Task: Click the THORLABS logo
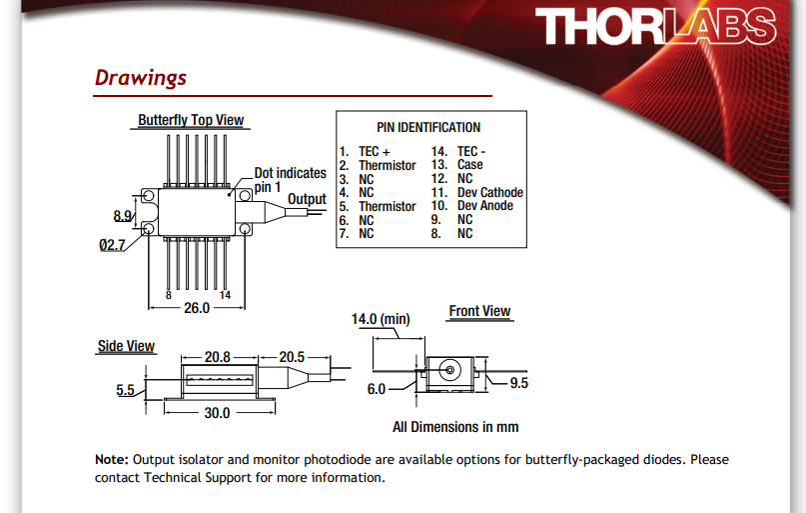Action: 655,26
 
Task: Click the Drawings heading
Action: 141,78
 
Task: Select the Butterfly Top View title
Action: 191,120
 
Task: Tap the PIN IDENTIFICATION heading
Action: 428,127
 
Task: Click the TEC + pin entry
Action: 365,151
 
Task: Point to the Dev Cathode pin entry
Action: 477,192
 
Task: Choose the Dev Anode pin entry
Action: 471,206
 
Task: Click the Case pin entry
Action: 457,165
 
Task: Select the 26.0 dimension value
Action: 197,308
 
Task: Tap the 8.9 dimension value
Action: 122,216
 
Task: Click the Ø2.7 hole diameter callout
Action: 112,245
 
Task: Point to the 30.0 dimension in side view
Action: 217,413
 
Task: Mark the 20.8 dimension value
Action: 218,357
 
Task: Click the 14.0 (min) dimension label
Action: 381,319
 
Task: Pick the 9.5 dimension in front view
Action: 518,383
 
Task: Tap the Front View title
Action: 479,311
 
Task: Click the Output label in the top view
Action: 307,199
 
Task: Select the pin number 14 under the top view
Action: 225,295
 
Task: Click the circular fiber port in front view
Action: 449,370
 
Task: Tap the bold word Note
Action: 112,459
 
